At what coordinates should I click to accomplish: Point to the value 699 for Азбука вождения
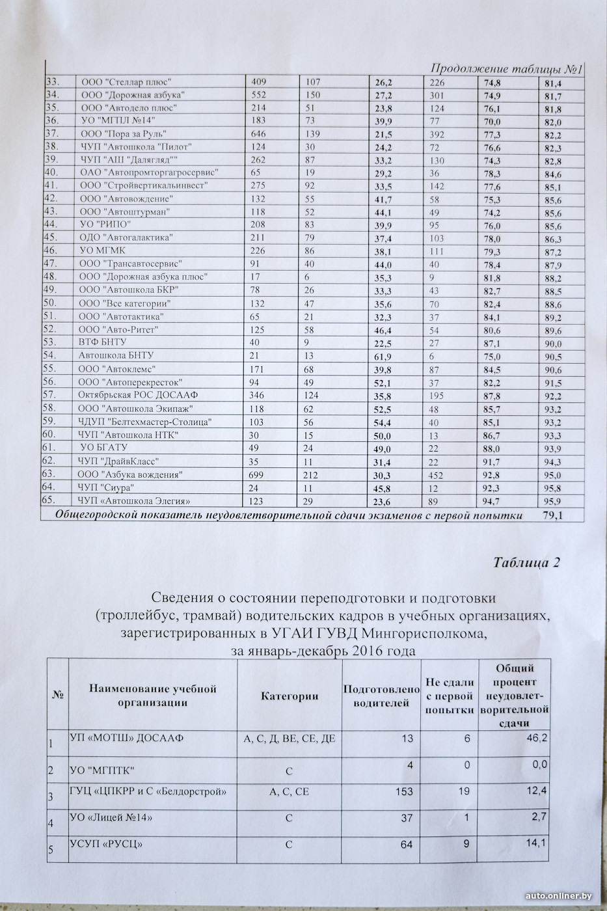coord(258,474)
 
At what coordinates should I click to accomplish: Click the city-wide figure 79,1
coord(552,516)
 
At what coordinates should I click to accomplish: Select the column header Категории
coord(290,696)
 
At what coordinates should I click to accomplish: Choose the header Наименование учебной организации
coord(152,696)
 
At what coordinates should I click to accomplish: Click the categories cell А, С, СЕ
coord(289,792)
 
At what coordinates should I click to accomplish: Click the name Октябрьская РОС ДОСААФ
coord(138,395)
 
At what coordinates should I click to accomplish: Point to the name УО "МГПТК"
coord(102,770)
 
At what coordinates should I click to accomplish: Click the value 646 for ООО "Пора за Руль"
coord(258,135)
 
